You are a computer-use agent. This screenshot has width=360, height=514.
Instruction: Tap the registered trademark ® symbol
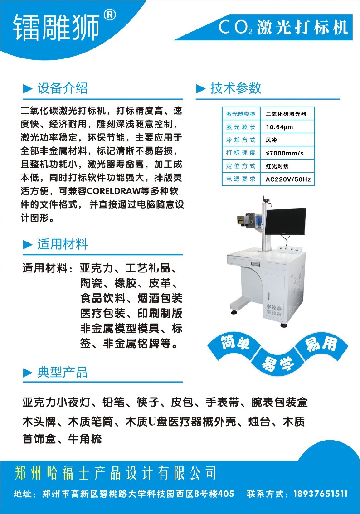tap(110, 15)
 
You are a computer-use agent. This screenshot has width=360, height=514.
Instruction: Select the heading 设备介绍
tap(63, 88)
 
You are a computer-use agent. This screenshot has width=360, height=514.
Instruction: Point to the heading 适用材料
tap(63, 244)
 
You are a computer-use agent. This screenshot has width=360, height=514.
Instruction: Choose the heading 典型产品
tap(63, 373)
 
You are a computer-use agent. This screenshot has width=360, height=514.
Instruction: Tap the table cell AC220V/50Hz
tap(288, 179)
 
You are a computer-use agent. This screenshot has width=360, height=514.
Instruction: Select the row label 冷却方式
tap(241, 140)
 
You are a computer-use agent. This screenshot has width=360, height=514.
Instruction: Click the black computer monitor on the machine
tap(285, 222)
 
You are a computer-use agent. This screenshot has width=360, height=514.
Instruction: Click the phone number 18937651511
tap(321, 494)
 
